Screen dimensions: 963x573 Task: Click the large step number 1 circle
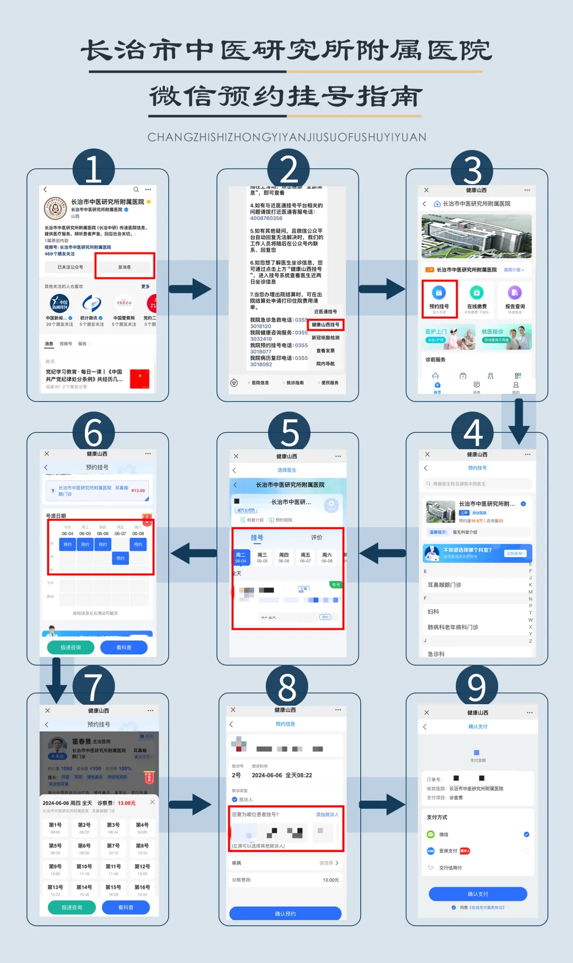[x=93, y=170]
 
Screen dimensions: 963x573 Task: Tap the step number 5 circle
[x=289, y=432]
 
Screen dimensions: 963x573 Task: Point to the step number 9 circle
[x=476, y=687]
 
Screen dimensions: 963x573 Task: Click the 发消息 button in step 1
[x=125, y=267]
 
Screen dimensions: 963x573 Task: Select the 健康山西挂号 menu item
[x=325, y=325]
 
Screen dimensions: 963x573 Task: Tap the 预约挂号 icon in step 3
[x=439, y=299]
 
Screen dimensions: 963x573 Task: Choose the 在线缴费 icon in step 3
[x=476, y=299]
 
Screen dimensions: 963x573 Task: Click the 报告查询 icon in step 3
[x=515, y=299]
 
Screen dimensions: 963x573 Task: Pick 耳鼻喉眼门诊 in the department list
[x=445, y=585]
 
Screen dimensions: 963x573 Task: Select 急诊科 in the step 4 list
[x=436, y=654]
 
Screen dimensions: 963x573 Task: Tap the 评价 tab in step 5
[x=317, y=538]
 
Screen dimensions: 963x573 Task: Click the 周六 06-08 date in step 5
[x=327, y=557]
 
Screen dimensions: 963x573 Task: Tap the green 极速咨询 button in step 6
[x=71, y=647]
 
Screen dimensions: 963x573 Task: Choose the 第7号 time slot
[x=113, y=848]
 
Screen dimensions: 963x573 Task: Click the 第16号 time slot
[x=142, y=890]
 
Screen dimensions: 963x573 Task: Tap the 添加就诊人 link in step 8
[x=327, y=815]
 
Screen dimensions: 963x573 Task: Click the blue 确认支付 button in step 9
[x=477, y=894]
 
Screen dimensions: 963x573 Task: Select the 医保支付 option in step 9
[x=448, y=851]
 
